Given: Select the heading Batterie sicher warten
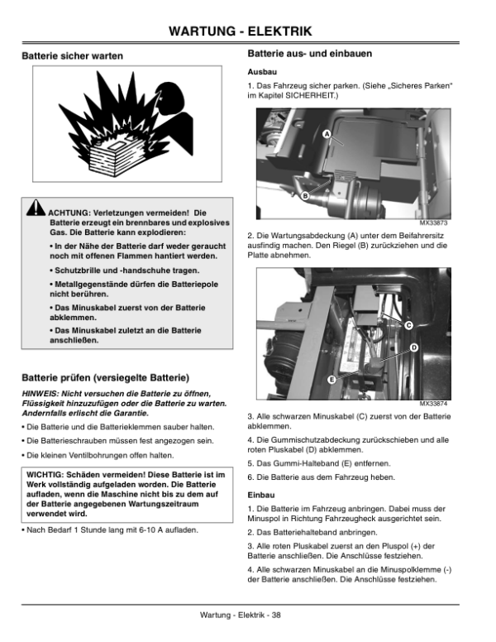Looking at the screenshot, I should pyautogui.click(x=72, y=56).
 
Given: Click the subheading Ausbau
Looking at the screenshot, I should pyautogui.click(x=261, y=72).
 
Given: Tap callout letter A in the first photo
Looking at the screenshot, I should pyautogui.click(x=327, y=134).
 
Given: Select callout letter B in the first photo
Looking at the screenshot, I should pyautogui.click(x=304, y=195).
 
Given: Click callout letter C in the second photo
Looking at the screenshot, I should pyautogui.click(x=408, y=325).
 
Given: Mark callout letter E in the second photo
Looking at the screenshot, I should pyautogui.click(x=331, y=380).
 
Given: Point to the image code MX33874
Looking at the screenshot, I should pyautogui.click(x=432, y=404).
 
